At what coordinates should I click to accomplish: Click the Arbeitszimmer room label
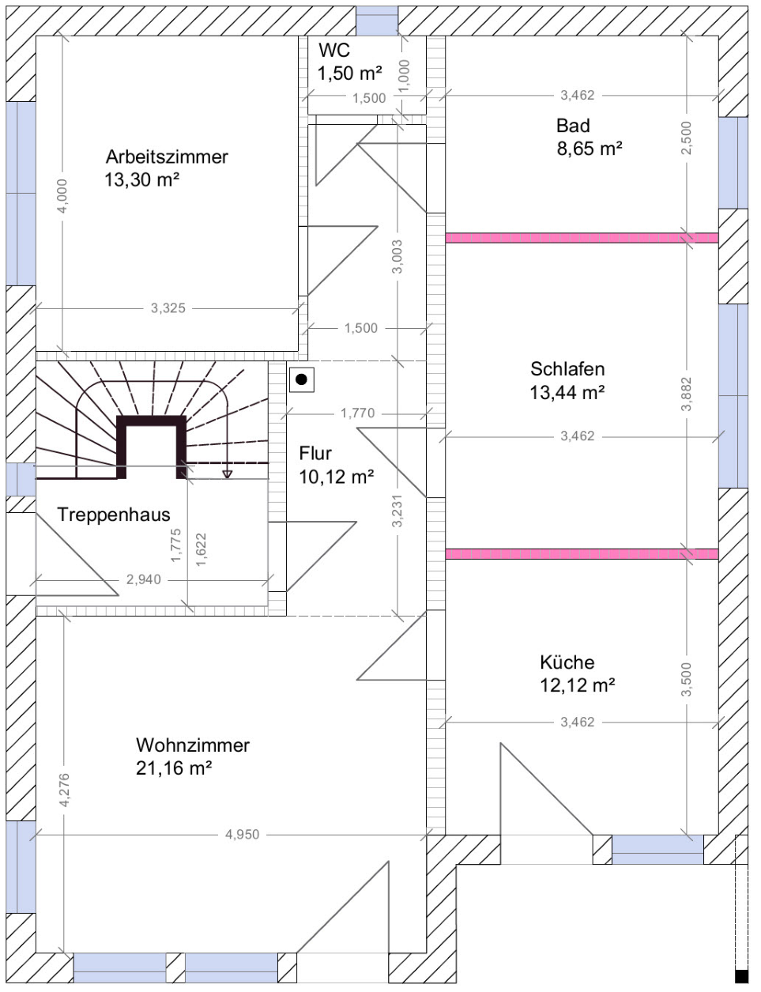[167, 157]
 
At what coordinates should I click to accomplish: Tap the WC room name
[334, 51]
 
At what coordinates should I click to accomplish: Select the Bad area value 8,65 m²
[590, 149]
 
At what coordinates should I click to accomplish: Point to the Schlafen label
[567, 369]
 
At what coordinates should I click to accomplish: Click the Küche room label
[567, 662]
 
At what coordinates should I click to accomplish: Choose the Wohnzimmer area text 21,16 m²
[174, 768]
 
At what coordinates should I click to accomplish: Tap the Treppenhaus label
[114, 515]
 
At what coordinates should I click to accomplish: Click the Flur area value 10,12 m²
[337, 477]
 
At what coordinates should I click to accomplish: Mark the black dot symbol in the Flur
[302, 379]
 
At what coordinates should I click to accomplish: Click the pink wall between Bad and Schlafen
[582, 238]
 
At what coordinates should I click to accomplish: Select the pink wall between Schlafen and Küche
[582, 554]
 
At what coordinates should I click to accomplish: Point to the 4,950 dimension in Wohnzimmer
[243, 835]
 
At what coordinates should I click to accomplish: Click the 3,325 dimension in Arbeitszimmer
[168, 308]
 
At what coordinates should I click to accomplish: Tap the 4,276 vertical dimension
[64, 790]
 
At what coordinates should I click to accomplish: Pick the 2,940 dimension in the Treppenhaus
[144, 579]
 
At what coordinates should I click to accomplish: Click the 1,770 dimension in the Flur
[358, 413]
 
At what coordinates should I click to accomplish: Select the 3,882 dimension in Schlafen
[687, 394]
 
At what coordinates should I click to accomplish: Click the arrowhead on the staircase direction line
[228, 474]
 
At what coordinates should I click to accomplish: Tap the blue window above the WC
[377, 21]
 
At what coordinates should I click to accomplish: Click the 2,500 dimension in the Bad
[687, 138]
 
